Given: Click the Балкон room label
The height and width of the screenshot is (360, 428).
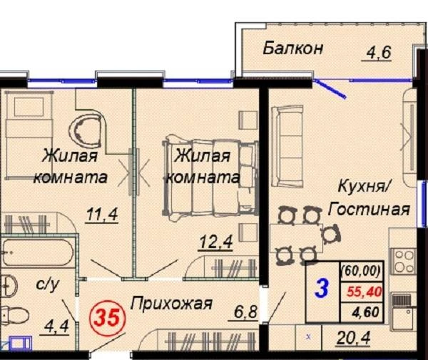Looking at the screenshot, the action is pyautogui.click(x=292, y=48).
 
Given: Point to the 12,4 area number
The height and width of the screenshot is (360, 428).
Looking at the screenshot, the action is pyautogui.click(x=216, y=242).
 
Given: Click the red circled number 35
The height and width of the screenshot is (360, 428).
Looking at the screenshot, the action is pyautogui.click(x=108, y=318).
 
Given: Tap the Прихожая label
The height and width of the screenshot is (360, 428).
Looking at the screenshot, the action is pyautogui.click(x=171, y=304).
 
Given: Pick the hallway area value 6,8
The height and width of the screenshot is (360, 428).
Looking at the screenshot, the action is pyautogui.click(x=245, y=312).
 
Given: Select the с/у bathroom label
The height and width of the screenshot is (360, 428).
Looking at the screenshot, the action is pyautogui.click(x=47, y=284).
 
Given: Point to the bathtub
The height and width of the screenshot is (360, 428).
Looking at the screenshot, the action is pyautogui.click(x=37, y=252).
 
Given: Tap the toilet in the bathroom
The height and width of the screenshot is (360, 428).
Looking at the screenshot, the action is pyautogui.click(x=14, y=316).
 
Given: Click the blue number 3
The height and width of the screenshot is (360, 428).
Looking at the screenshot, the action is pyautogui.click(x=322, y=289).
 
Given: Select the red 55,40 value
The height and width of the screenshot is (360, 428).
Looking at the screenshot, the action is pyautogui.click(x=364, y=292).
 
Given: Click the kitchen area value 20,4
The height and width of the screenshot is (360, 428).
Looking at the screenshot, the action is pyautogui.click(x=354, y=338).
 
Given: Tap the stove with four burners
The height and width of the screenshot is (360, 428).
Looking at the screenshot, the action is pyautogui.click(x=402, y=262).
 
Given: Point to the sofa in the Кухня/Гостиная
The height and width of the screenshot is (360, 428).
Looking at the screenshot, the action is pyautogui.click(x=287, y=146).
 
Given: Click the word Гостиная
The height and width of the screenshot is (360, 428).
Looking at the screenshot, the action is pyautogui.click(x=369, y=210).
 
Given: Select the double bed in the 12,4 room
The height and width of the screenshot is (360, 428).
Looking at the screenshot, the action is pyautogui.click(x=210, y=178).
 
